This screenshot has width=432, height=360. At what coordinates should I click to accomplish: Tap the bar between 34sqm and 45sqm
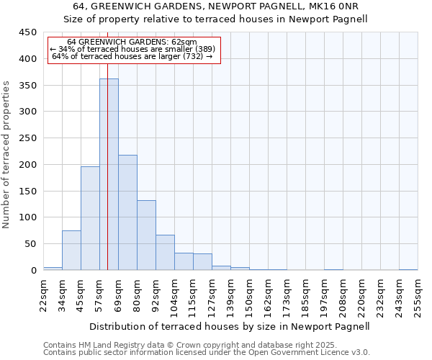tap(71, 250)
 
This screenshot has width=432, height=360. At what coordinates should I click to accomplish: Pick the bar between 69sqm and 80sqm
tap(127, 212)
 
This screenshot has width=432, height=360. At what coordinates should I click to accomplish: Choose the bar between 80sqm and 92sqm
tap(146, 235)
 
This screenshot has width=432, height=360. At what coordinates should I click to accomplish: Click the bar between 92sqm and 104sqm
tap(165, 252)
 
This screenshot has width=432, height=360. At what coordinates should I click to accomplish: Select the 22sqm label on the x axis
tap(43, 295)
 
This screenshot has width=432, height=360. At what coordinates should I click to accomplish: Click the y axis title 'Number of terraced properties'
tap(7, 154)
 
